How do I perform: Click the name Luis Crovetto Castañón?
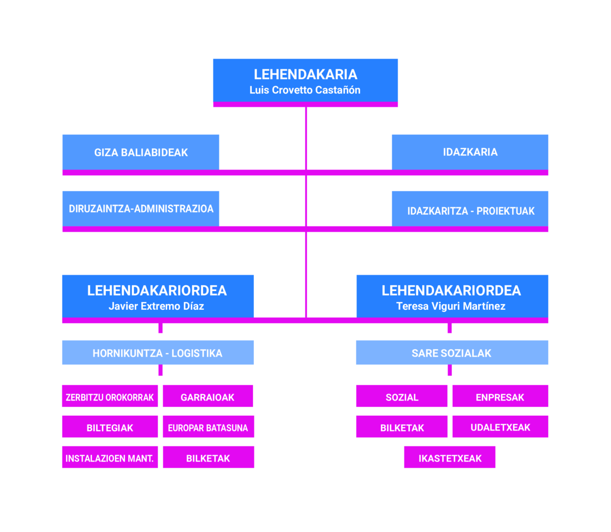click(305, 90)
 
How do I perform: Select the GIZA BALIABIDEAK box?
click(141, 152)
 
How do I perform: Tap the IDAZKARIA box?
click(470, 152)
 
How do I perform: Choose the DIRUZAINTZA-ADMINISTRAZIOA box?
click(141, 208)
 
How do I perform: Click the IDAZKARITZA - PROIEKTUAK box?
click(470, 208)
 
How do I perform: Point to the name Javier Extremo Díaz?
click(156, 306)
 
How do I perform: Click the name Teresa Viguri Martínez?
click(451, 306)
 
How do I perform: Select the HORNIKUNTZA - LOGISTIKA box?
click(158, 352)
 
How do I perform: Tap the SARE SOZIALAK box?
click(452, 352)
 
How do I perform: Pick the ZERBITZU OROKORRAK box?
click(110, 396)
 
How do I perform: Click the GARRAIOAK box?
click(208, 396)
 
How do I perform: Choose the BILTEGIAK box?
click(110, 427)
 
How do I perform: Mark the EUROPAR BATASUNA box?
click(209, 427)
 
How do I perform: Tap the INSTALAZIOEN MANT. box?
click(110, 457)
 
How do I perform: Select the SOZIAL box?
click(401, 396)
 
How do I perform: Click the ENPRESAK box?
click(500, 396)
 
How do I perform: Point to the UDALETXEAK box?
click(500, 427)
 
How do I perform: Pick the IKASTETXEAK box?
click(450, 457)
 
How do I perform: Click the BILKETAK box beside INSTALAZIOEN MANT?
click(209, 457)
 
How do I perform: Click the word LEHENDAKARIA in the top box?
click(305, 74)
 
